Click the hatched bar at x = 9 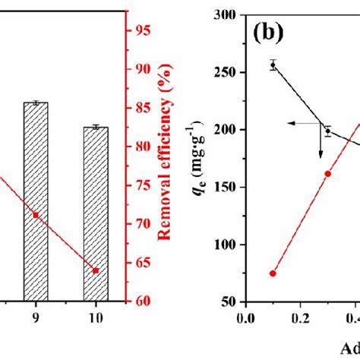[x=36, y=201]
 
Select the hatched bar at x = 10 [x=96, y=213]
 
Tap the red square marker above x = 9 [x=36, y=215]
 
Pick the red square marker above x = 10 [x=96, y=270]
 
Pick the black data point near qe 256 [x=273, y=65]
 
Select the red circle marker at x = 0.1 [x=273, y=273]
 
